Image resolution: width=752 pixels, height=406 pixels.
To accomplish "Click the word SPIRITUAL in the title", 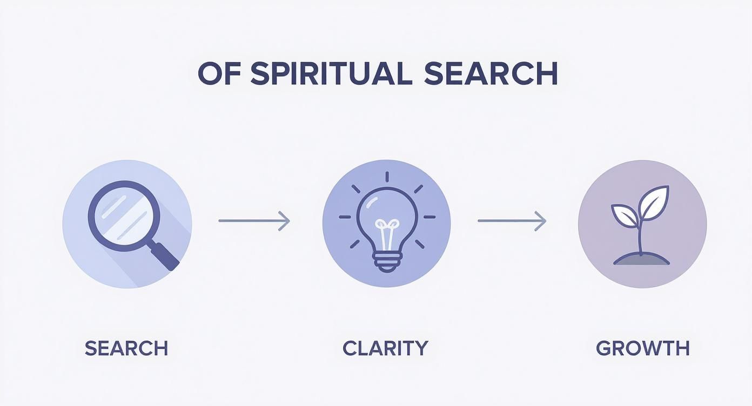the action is pyautogui.click(x=331, y=73).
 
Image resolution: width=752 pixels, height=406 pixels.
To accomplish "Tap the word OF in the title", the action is pyautogui.click(x=219, y=73).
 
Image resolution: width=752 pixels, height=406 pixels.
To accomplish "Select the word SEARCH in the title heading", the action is pyautogui.click(x=491, y=73).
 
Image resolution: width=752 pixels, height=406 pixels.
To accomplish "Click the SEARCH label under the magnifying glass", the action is pyautogui.click(x=126, y=348).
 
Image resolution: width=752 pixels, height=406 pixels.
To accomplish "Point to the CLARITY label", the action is pyautogui.click(x=385, y=348).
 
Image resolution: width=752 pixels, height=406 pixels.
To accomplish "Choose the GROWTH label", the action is pyautogui.click(x=642, y=348).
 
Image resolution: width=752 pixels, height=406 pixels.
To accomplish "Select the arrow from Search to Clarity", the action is pyautogui.click(x=254, y=221).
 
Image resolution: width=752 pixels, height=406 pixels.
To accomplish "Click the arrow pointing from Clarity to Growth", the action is pyautogui.click(x=512, y=221).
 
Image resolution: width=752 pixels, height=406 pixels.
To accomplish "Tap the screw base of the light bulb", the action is pyautogui.click(x=387, y=262).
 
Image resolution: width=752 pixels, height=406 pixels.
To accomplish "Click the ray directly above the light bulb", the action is pyautogui.click(x=387, y=177).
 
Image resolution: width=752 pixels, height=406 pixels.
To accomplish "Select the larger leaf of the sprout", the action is pyautogui.click(x=653, y=203).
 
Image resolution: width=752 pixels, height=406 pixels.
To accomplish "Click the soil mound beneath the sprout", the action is pyautogui.click(x=642, y=260).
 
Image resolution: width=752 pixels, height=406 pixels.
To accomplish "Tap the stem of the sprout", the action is pyautogui.click(x=640, y=236).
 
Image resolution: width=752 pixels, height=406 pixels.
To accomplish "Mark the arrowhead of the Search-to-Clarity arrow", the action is pyautogui.click(x=285, y=221).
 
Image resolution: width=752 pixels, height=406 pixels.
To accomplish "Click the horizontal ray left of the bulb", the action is pyautogui.click(x=345, y=217).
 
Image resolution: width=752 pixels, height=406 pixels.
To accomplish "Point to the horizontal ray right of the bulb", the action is pyautogui.click(x=429, y=217).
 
